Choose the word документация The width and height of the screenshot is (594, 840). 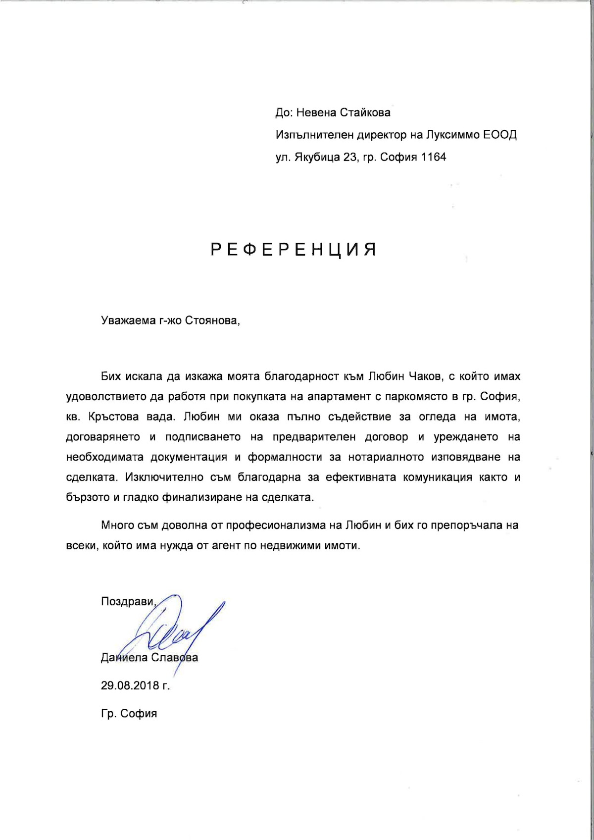(x=189, y=457)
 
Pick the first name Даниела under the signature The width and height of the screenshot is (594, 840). (x=124, y=658)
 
